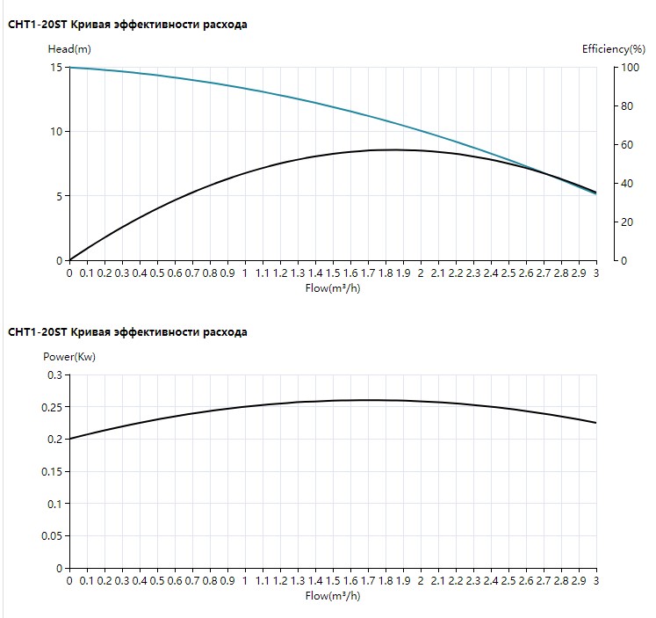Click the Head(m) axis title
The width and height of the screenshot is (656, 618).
(68, 49)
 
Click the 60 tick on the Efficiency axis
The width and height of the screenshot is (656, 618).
(627, 145)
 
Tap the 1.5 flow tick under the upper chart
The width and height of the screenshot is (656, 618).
(333, 274)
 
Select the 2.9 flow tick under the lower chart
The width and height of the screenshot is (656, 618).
(579, 582)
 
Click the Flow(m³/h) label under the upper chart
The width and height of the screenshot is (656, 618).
(332, 288)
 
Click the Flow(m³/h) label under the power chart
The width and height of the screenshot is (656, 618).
(332, 596)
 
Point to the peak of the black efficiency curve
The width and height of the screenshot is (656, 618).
(395, 149)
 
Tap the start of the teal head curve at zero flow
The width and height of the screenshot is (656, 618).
(70, 68)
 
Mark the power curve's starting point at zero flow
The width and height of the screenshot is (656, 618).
(70, 439)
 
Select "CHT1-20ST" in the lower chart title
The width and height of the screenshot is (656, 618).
(38, 332)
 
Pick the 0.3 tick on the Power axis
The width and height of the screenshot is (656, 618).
(54, 375)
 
